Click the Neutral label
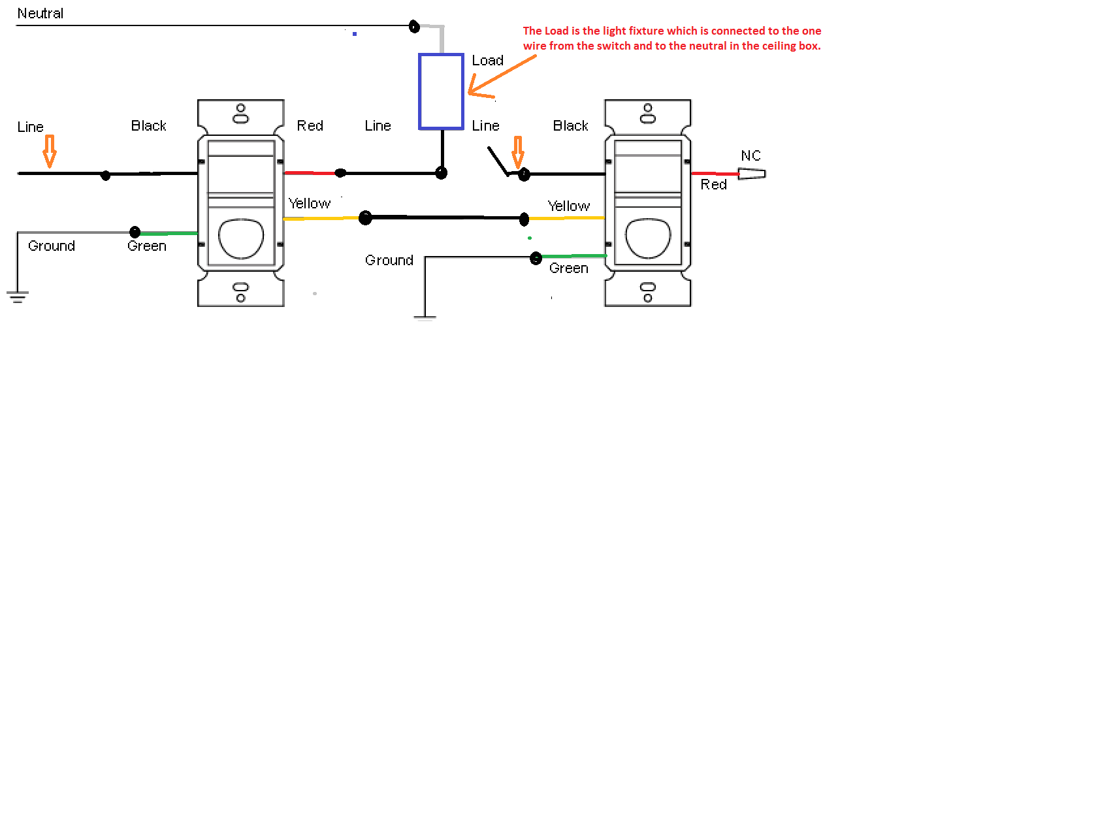coord(40,14)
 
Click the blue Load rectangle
coord(442,91)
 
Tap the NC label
coord(750,155)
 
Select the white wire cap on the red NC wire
coord(752,174)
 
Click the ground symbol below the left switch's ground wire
coord(18,297)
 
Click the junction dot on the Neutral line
coord(414,26)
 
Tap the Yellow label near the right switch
coord(568,206)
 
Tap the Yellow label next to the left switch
coord(310,203)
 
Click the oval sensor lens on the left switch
coord(241,238)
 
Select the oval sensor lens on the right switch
coord(648,238)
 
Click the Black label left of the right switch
coord(570,125)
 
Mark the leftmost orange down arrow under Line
coord(50,152)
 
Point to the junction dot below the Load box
coord(442,173)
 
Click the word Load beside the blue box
coord(487,61)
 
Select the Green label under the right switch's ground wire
coord(568,268)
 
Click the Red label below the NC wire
coord(713,185)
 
